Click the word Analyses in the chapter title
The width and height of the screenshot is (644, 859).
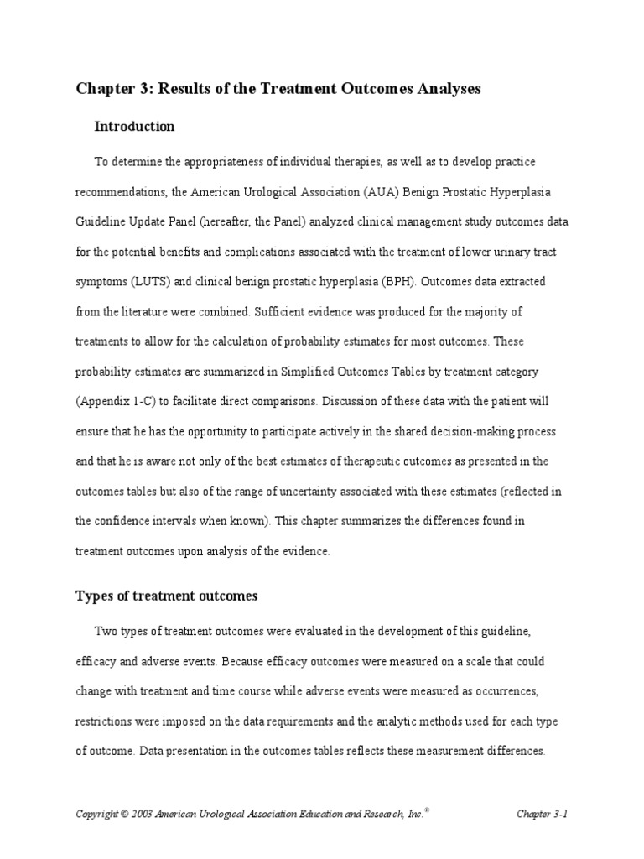tap(447, 89)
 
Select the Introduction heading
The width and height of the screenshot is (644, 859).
tap(134, 127)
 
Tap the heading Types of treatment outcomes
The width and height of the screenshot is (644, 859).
tap(167, 596)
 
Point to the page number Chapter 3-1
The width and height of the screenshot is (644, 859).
tap(543, 814)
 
